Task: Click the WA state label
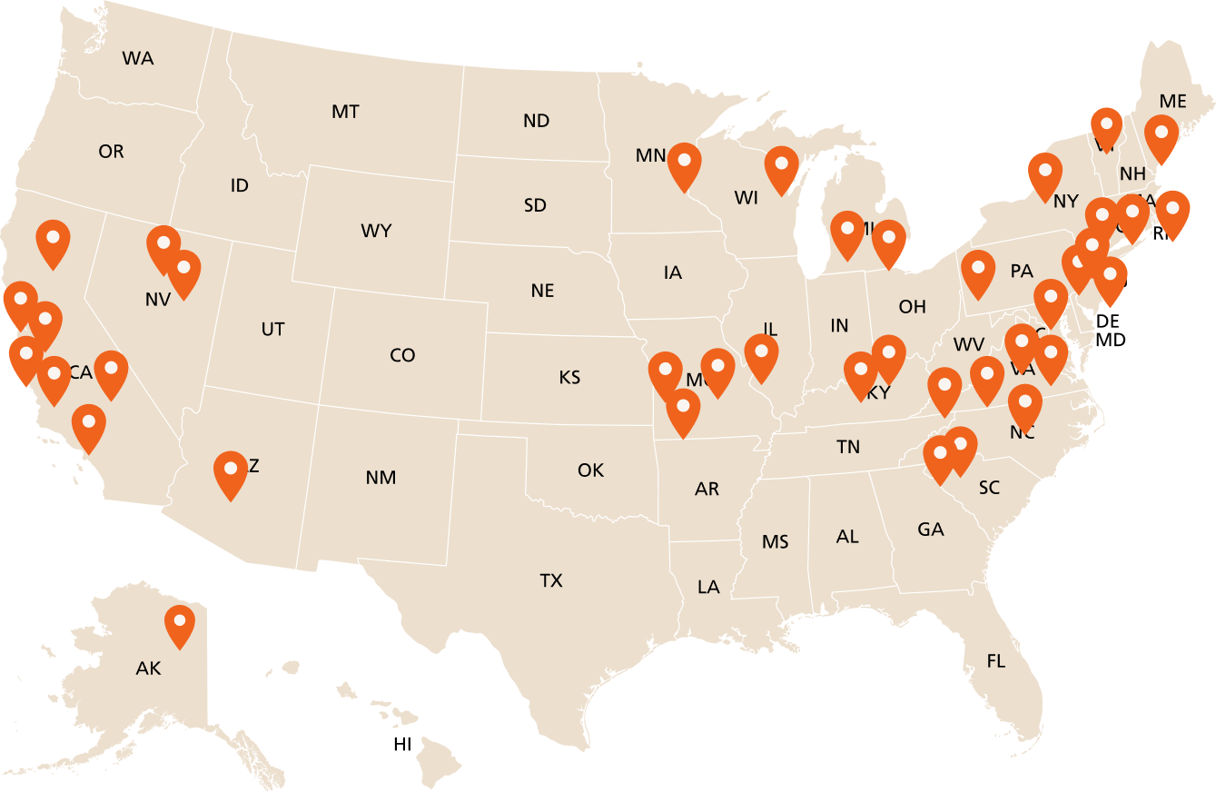138,59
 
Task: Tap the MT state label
345,112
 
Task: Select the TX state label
551,580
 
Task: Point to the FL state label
996,661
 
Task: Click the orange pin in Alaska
180,623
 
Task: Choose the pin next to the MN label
685,163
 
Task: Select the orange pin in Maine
1162,135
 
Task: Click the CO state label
402,355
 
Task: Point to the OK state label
590,470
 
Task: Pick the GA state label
931,529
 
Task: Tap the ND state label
537,121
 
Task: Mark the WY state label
376,231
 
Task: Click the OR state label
111,152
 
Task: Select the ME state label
1173,101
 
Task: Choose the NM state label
381,478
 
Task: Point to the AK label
148,669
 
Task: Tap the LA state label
708,587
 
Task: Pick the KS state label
569,377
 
